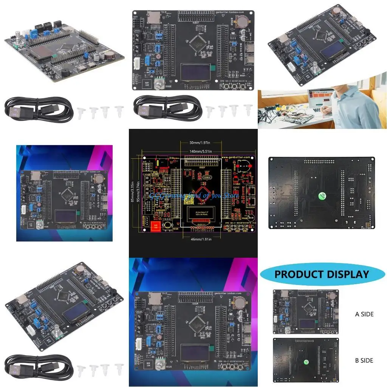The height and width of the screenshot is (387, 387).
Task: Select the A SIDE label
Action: (x=364, y=314)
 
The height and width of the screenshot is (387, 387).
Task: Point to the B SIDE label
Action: (x=364, y=360)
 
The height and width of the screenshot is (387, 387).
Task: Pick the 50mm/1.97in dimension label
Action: (x=193, y=143)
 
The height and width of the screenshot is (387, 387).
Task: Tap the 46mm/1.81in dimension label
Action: (x=193, y=239)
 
